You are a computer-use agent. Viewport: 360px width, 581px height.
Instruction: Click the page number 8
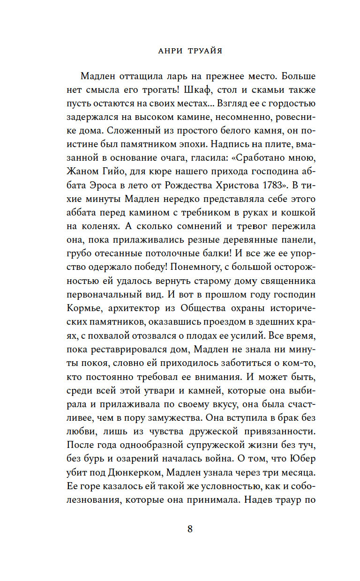click(x=190, y=529)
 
